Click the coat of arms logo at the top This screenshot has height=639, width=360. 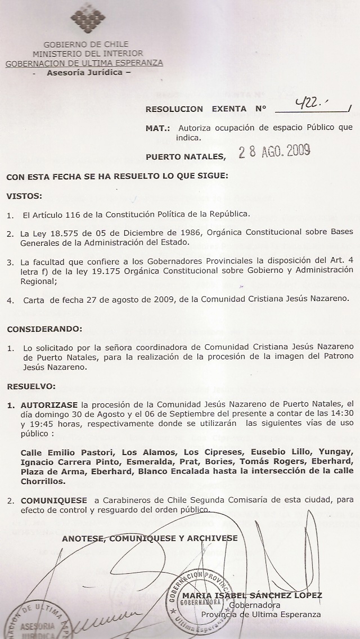point(88,19)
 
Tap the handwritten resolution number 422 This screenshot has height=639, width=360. point(312,103)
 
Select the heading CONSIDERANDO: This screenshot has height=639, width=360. point(44,328)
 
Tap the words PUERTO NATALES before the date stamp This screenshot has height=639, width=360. point(185,156)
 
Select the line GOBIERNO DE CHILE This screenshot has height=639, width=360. point(85,44)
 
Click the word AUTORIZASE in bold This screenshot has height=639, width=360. point(49,404)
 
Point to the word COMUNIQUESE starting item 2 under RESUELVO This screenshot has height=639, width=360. point(53,500)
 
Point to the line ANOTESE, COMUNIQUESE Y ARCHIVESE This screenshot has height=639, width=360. point(150,538)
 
